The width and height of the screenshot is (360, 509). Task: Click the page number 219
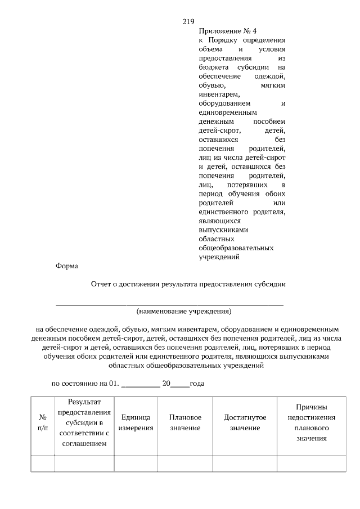(x=188, y=22)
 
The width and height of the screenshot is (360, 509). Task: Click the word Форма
(x=67, y=266)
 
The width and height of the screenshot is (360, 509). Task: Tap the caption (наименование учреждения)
(x=184, y=310)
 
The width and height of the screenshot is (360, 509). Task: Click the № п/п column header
(x=43, y=423)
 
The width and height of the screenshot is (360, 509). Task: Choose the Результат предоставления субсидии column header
(x=84, y=423)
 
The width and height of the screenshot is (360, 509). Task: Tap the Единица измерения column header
(x=136, y=423)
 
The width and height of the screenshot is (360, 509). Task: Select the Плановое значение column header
(x=184, y=423)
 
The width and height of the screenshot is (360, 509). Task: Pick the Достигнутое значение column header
(x=245, y=423)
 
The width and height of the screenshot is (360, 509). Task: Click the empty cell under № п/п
(x=43, y=463)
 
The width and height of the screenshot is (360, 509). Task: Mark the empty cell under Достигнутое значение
(x=245, y=463)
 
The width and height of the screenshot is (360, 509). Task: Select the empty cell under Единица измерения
(x=136, y=463)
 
